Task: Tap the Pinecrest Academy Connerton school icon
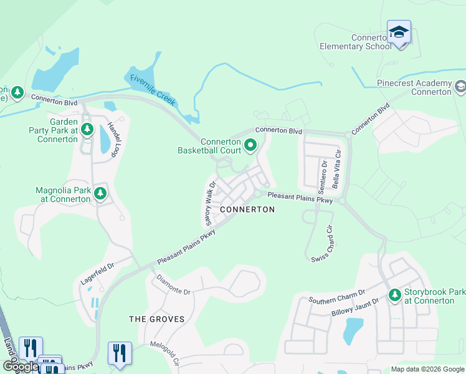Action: [x=460, y=87]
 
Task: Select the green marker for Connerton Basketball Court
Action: [x=250, y=146]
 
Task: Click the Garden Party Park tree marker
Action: [x=87, y=130]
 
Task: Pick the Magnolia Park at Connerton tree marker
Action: [x=100, y=193]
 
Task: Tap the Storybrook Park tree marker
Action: [x=394, y=295]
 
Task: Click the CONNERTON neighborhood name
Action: [x=247, y=209]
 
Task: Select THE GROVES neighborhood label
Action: [x=156, y=319]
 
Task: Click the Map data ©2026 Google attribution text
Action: [x=427, y=369]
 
